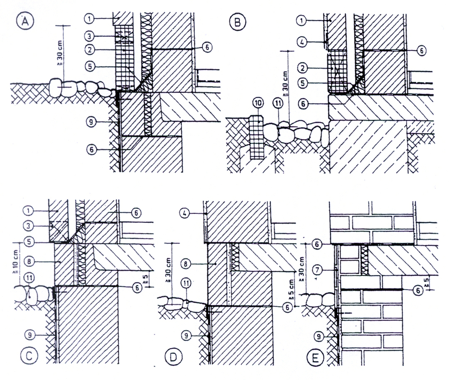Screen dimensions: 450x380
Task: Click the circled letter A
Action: coord(25,21)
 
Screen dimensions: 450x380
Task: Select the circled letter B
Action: coord(237,22)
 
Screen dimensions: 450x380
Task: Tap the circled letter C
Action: coord(29,356)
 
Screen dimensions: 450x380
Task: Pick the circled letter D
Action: coord(174,357)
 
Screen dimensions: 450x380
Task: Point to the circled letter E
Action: coord(315,358)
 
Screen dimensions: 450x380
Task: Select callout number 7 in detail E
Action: coord(317,270)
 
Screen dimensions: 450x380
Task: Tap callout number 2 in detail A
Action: coord(90,50)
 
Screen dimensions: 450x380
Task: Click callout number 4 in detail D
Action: coord(185,213)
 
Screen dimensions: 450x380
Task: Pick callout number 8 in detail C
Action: coord(29,261)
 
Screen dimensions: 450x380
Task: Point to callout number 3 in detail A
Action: coord(90,36)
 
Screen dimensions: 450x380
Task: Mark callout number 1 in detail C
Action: coord(28,211)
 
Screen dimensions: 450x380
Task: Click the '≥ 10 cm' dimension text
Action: coord(15,262)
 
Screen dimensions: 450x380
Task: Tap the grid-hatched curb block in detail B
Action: coord(257,137)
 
